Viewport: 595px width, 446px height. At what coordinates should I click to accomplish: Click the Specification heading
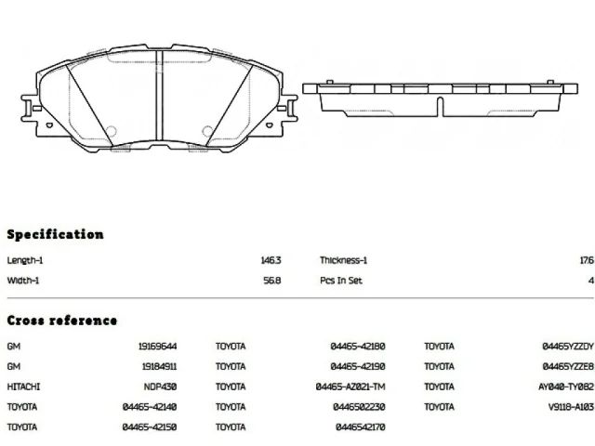click(x=55, y=234)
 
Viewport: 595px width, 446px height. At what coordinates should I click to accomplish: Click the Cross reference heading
click(x=61, y=321)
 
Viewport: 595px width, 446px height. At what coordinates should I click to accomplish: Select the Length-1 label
click(x=24, y=261)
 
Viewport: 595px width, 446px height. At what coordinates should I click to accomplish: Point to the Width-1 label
click(x=23, y=280)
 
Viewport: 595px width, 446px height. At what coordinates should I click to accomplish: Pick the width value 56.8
click(x=271, y=280)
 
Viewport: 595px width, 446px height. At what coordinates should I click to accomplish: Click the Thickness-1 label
click(x=344, y=261)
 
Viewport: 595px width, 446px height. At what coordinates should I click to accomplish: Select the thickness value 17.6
click(x=586, y=261)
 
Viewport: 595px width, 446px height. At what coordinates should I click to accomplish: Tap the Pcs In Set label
click(x=341, y=280)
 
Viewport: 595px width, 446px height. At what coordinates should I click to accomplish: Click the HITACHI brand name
click(x=23, y=387)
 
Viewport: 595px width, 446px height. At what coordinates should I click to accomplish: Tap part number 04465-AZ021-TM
click(x=350, y=387)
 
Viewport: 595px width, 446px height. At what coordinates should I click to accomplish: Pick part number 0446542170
click(x=360, y=427)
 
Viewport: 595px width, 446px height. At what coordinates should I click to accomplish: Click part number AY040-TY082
click(x=566, y=387)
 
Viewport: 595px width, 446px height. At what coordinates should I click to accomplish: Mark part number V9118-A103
click(x=570, y=407)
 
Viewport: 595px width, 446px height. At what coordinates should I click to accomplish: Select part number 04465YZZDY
click(x=568, y=347)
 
